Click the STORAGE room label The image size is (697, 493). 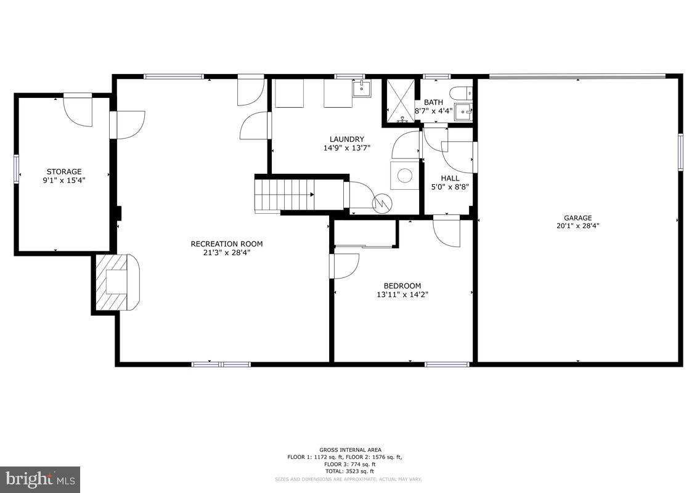coord(64,171)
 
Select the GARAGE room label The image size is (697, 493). coord(577,218)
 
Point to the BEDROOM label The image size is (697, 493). coord(402,285)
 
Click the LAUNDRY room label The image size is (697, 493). coord(346,139)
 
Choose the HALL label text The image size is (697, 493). coord(449,178)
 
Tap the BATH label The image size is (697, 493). coord(433,102)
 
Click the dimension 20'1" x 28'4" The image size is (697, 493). coord(577,226)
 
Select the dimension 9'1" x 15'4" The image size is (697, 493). coord(64,180)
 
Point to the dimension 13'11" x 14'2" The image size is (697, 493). coord(402,295)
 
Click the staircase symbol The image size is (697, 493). coord(285,194)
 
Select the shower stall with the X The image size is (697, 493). coord(401,102)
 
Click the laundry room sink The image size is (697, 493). coord(362,89)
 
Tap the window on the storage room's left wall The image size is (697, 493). coord(17,169)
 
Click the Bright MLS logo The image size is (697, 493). coord(40,479)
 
